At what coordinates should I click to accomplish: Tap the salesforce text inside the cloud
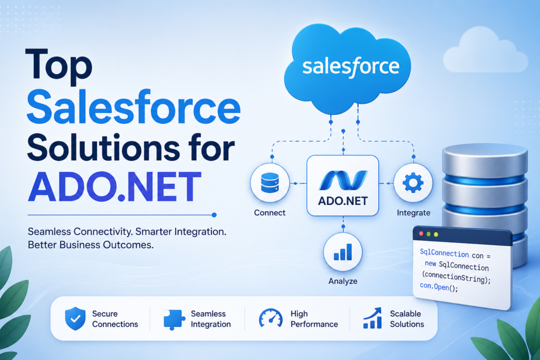(350, 66)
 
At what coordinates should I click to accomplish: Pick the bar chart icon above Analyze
(343, 251)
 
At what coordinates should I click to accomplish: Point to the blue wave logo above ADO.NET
(343, 179)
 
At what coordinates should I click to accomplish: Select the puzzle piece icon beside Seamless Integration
(172, 319)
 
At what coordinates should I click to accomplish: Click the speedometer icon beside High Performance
(271, 318)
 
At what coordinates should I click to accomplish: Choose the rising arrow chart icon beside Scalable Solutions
(372, 318)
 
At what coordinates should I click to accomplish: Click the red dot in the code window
(421, 233)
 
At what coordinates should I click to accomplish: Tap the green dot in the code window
(436, 233)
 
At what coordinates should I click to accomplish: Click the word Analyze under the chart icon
(342, 281)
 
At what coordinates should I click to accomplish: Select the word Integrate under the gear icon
(413, 213)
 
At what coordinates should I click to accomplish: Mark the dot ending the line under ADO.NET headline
(214, 215)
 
